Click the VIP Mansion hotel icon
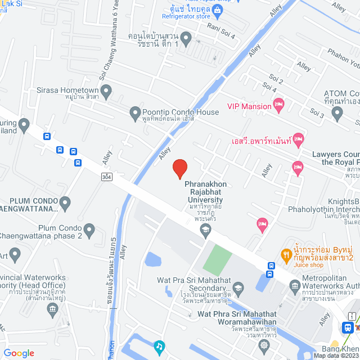point(278,105)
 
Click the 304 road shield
point(106,177)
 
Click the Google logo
point(19,353)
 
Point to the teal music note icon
point(159,345)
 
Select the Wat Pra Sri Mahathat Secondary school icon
point(238,288)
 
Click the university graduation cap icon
point(206,228)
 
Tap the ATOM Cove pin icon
point(337,114)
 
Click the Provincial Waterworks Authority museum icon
point(52,308)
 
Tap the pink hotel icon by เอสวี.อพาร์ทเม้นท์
point(298,138)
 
